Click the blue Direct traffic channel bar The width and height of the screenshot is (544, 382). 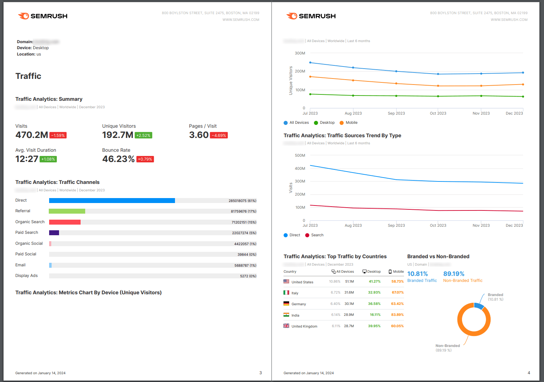[x=112, y=201]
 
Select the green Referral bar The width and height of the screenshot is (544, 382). [x=67, y=211]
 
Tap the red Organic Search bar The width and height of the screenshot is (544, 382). [x=65, y=222]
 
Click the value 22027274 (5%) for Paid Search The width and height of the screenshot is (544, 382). [x=244, y=233]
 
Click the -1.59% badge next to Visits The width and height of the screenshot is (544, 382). [x=58, y=135]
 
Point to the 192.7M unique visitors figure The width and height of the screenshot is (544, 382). [x=117, y=135]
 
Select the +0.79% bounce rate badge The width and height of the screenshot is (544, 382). [x=145, y=159]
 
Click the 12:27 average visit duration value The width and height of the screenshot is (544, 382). [x=27, y=159]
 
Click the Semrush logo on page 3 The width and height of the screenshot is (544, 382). [x=43, y=16]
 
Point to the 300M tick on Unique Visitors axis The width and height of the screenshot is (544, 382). [x=300, y=53]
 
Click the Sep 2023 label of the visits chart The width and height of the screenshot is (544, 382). [x=396, y=225]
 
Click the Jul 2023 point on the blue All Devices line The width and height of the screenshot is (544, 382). [x=310, y=63]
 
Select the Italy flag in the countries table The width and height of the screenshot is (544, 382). [x=286, y=293]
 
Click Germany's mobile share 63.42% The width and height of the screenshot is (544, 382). [x=397, y=304]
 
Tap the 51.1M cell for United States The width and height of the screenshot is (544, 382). [x=349, y=282]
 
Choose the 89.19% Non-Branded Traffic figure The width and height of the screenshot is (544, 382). [x=454, y=274]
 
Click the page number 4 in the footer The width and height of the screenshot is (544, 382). [x=529, y=373]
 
